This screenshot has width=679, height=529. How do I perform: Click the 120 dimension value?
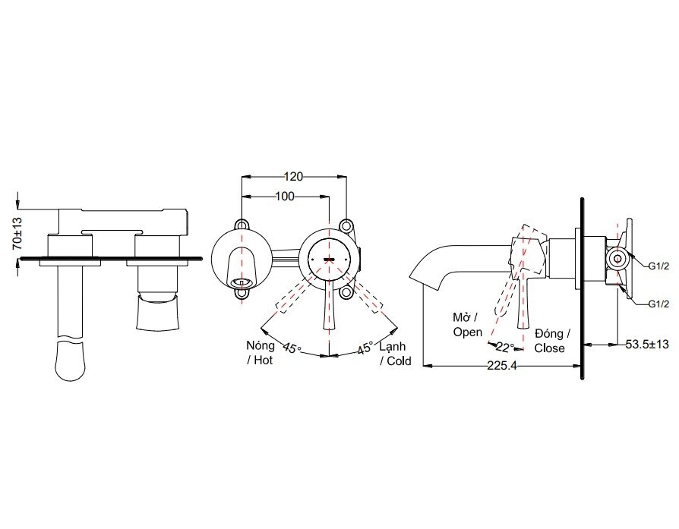[x=294, y=176]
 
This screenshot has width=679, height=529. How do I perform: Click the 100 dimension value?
[x=284, y=197]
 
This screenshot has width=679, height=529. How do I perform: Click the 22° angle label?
[x=505, y=347]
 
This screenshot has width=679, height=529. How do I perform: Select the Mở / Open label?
[x=467, y=325]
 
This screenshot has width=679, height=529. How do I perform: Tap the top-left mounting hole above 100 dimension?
[x=242, y=225]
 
